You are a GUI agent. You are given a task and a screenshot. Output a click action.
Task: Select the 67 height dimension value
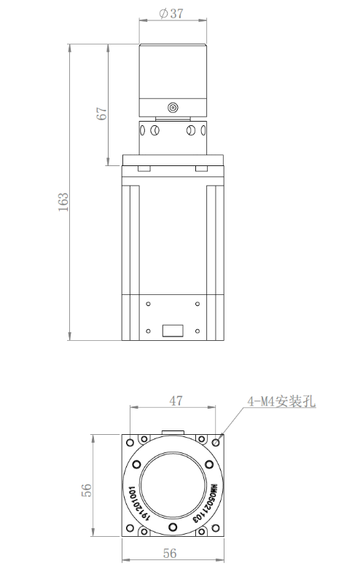[x=102, y=112]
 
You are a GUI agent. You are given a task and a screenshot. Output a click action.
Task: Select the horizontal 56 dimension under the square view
[x=170, y=554]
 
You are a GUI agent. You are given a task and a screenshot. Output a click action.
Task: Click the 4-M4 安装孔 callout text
[x=281, y=401]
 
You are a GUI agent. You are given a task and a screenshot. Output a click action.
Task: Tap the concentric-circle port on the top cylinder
[x=173, y=108]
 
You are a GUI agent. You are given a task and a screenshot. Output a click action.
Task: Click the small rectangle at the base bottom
[x=173, y=329]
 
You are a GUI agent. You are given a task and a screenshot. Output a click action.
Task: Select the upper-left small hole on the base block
[x=149, y=304]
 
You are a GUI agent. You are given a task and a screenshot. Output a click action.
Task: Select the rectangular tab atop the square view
[x=173, y=432]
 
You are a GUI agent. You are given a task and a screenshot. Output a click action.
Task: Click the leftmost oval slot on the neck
[x=143, y=132]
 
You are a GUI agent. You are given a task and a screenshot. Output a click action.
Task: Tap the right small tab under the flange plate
[x=203, y=169]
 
